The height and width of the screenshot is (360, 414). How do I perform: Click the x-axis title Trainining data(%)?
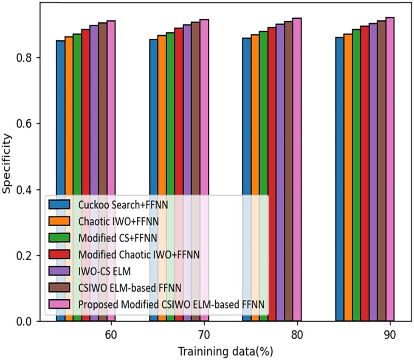click(225, 352)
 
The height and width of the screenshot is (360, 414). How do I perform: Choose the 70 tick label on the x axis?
click(204, 335)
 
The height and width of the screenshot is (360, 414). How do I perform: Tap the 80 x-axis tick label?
click(297, 335)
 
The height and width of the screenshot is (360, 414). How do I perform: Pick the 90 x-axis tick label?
click(390, 335)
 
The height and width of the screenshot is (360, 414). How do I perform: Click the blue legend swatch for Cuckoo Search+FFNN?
click(60, 205)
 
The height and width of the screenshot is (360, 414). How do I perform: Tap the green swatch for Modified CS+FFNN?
click(60, 238)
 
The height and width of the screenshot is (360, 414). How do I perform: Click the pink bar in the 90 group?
click(390, 170)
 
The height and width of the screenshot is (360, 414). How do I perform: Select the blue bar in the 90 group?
click(340, 178)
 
